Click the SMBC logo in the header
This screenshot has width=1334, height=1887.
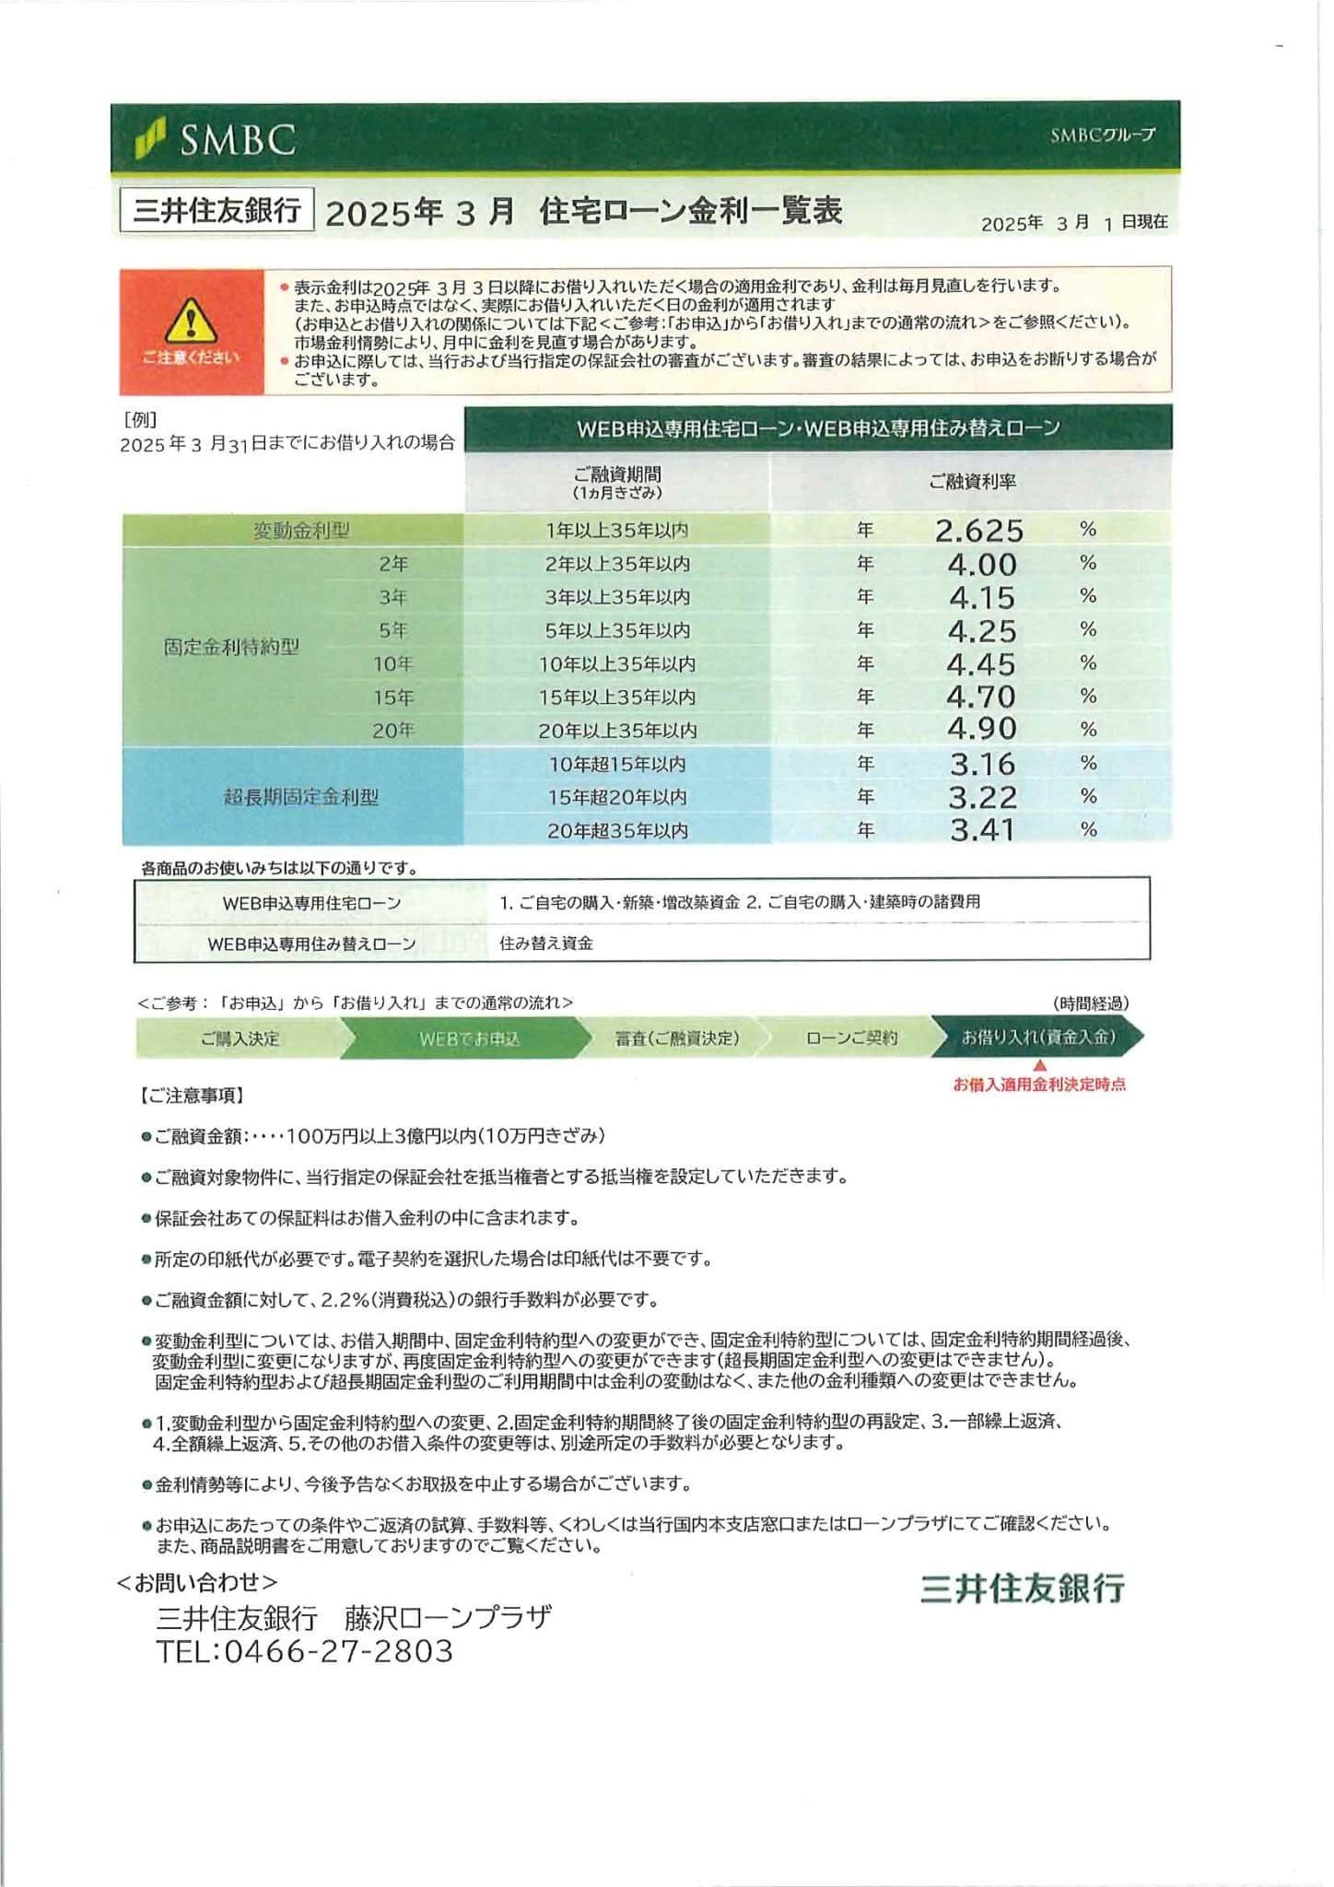[x=216, y=139]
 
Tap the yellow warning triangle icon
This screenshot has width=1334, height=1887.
[x=191, y=320]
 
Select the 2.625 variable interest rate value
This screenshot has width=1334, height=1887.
[x=978, y=531]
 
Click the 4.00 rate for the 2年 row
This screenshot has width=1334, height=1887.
[x=982, y=564]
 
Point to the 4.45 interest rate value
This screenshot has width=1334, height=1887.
[x=981, y=663]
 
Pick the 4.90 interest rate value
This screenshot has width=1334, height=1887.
[x=982, y=729]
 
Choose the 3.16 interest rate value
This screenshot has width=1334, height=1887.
[x=982, y=764]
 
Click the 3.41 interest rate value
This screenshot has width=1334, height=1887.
[x=982, y=830]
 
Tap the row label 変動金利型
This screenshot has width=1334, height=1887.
[x=301, y=531]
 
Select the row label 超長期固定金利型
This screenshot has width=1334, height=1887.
[x=301, y=797]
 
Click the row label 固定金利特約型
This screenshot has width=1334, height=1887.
[x=231, y=647]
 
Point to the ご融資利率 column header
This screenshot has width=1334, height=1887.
[x=972, y=482]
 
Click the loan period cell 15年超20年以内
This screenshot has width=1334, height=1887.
[x=617, y=797]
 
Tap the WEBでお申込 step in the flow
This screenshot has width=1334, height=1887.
[x=469, y=1038]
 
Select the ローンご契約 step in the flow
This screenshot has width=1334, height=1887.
[x=851, y=1038]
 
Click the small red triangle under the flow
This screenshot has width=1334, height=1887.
[x=1040, y=1065]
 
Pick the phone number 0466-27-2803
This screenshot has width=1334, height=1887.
[x=338, y=1651]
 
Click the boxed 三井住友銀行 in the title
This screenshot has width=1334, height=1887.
[x=217, y=211]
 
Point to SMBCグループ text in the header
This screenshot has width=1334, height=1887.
[x=1102, y=135]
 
